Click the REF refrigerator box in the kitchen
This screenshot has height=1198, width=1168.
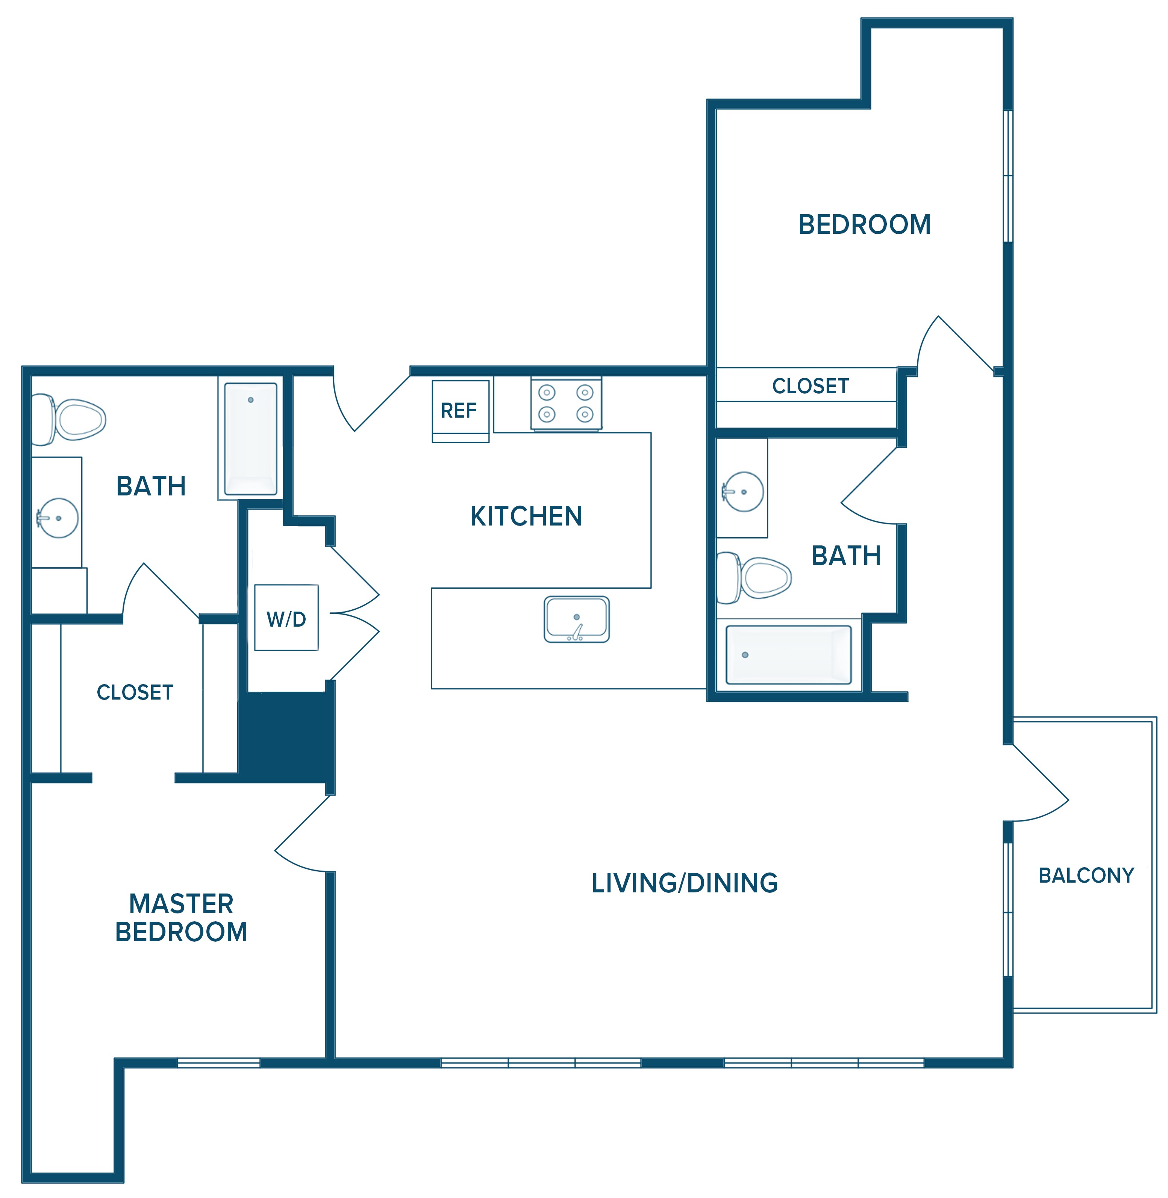point(461,411)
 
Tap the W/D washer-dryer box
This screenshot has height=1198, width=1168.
point(286,618)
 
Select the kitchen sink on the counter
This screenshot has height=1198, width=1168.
point(577,619)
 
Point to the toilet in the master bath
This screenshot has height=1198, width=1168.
point(68,420)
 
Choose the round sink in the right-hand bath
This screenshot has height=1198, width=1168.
point(742,491)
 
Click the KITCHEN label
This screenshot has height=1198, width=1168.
point(526,516)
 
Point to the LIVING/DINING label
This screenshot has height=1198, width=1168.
point(685,883)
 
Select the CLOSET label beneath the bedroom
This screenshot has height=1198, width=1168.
point(810,386)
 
